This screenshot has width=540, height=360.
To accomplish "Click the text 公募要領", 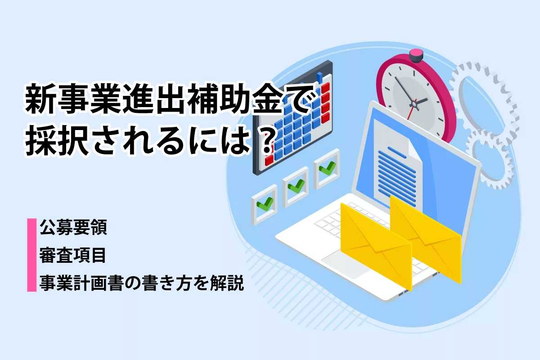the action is (73, 227).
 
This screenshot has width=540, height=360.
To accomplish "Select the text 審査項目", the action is (72, 255).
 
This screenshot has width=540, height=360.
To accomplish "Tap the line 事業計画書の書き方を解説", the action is (142, 283).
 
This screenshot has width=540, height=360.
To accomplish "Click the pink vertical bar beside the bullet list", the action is (31, 255).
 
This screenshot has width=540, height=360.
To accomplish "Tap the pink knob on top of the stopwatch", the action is (416, 55).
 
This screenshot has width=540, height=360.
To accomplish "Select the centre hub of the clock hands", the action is (414, 104).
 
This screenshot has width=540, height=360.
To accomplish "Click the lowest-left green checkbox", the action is (265, 204).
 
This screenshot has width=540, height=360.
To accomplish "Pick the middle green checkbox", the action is (296, 186).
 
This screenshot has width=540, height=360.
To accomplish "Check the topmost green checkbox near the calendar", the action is (327, 168).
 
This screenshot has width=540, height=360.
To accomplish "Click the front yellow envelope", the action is (376, 247).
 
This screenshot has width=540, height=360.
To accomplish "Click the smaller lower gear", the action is (490, 160).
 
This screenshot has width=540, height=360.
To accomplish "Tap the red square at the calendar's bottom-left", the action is (269, 160).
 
